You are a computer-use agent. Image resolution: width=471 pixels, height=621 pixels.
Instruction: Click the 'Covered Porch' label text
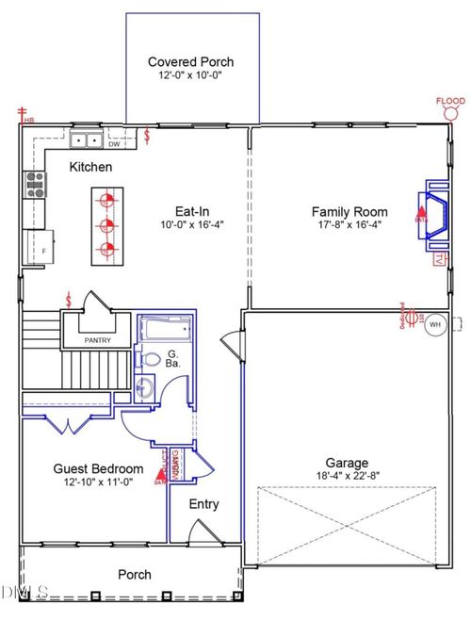[190, 62]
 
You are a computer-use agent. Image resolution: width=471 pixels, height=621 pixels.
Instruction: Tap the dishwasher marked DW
[114, 144]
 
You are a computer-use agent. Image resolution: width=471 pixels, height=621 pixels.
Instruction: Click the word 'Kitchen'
[91, 167]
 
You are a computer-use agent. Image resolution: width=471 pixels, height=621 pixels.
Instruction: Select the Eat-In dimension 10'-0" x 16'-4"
[190, 225]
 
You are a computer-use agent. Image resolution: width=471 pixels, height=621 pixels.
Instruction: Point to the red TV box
[439, 258]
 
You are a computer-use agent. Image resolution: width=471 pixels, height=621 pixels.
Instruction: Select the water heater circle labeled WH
[434, 324]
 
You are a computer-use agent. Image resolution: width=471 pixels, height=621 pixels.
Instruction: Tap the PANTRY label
[97, 340]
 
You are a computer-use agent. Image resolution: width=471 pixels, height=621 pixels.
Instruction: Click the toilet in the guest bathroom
[150, 359]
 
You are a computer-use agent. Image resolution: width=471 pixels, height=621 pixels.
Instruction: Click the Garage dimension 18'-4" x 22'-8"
[348, 477]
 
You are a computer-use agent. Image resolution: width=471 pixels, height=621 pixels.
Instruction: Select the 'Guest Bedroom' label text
[98, 468]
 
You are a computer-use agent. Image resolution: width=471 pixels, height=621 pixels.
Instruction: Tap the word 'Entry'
[204, 504]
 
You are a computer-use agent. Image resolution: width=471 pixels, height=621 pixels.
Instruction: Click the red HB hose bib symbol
[22, 115]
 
